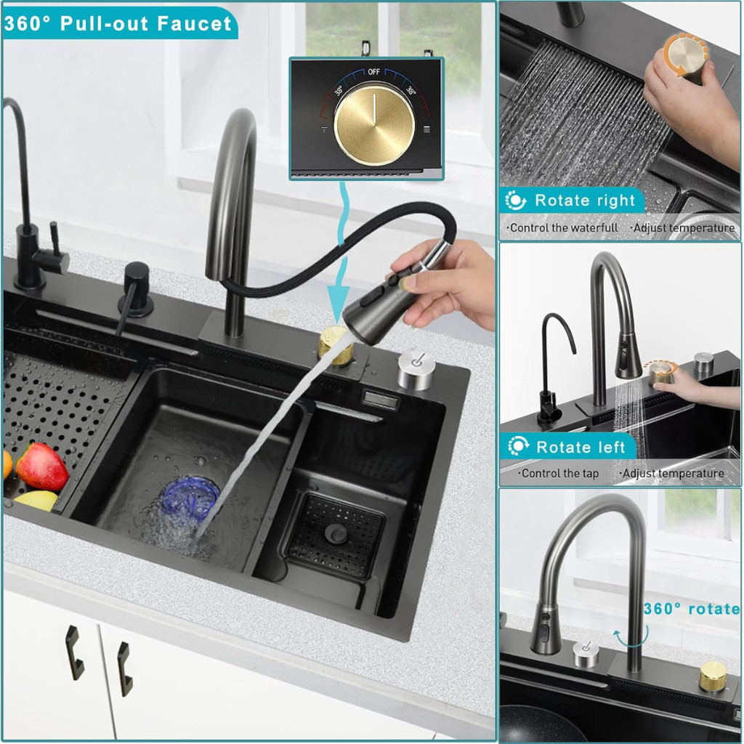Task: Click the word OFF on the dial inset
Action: pos(373,72)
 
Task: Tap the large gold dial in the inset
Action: pos(374,125)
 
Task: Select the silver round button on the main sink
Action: pos(416,370)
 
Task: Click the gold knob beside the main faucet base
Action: pos(335,345)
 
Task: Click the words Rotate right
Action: pos(585,201)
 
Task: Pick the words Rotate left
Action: pos(581,447)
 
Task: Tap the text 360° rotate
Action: pos(692,608)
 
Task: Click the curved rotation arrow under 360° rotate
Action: pos(631,641)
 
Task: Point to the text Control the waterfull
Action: pos(562,227)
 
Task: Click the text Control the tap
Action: pos(558,473)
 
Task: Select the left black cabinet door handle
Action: pos(73,652)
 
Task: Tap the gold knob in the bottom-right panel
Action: pos(712,676)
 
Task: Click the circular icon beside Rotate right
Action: pos(516,201)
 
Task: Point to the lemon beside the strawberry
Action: pos(36,501)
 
